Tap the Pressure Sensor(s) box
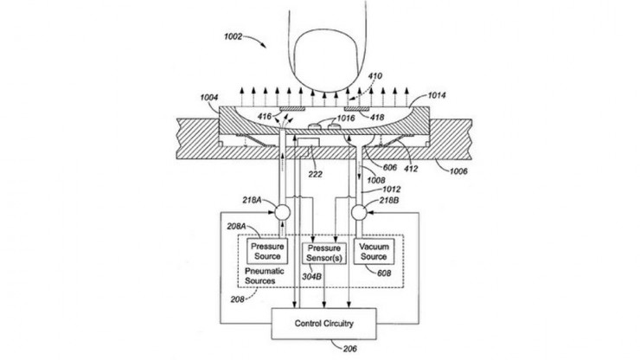[322, 254]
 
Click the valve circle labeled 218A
[282, 210]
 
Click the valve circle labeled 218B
[362, 210]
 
